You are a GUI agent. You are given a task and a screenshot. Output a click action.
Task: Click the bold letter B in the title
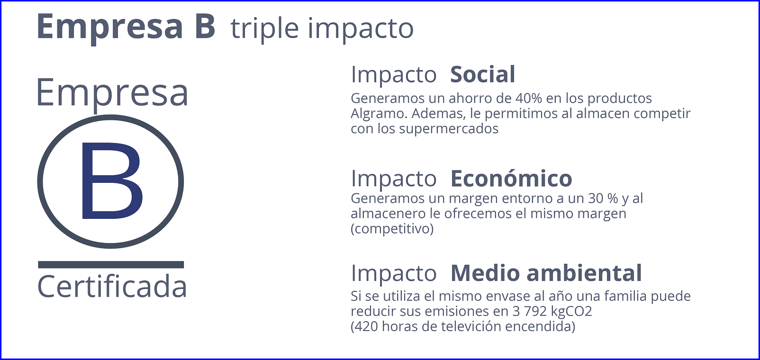(205, 26)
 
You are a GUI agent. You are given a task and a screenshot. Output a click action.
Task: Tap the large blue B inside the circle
(111, 180)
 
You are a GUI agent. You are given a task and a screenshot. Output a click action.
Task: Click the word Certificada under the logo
(112, 287)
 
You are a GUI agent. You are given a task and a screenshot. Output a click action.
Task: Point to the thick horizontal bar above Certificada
(111, 265)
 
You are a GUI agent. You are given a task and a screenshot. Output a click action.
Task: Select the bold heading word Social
(482, 74)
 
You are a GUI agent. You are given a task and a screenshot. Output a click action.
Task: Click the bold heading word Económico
(511, 178)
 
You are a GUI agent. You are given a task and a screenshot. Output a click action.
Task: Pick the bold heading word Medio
(485, 273)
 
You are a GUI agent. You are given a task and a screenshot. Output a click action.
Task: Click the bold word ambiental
(584, 273)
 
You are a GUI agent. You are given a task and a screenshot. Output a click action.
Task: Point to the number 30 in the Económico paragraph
(596, 198)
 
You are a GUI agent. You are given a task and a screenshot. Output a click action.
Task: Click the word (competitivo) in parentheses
(392, 229)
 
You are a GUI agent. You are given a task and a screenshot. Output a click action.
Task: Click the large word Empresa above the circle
(112, 92)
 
